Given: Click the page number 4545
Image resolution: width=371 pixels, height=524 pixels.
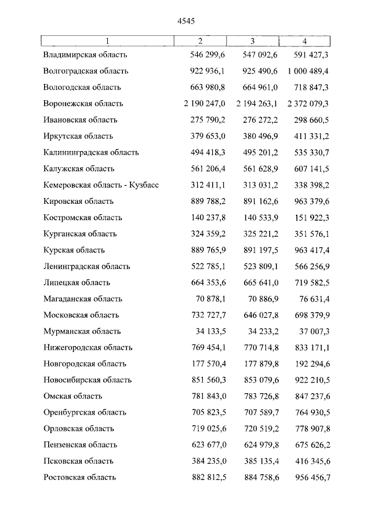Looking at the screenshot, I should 185,21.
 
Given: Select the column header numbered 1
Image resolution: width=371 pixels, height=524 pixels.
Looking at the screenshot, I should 107,41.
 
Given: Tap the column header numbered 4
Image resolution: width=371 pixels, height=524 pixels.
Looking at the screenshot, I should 304,41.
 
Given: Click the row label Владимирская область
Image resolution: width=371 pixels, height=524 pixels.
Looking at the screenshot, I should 85,55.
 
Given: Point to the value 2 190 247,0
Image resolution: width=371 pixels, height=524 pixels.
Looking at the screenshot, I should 203,104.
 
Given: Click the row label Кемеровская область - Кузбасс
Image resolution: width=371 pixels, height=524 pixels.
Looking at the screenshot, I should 101,185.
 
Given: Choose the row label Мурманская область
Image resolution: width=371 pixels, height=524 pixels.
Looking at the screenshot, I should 82,332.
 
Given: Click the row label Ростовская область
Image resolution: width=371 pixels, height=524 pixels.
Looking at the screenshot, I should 79,478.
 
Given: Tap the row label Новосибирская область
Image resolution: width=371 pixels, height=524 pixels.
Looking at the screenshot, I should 87,380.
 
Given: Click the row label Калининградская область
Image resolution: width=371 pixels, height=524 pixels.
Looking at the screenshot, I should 91,153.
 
